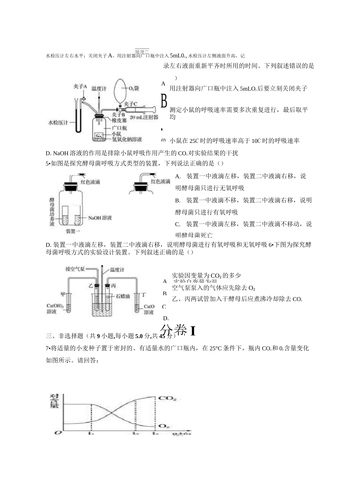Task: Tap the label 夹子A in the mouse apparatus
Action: [80, 87]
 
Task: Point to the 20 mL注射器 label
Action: [144, 117]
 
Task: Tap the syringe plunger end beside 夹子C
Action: [155, 109]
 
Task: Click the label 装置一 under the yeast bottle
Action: [72, 231]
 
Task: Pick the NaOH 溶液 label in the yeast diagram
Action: [100, 218]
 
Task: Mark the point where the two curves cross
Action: [113, 412]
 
